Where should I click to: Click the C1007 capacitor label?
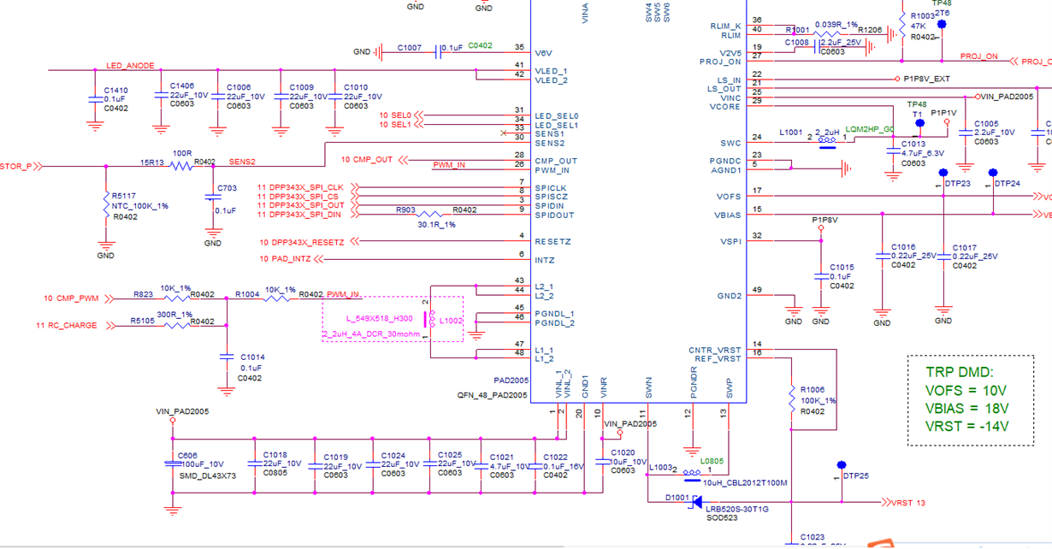point(409,48)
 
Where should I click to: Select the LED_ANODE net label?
point(130,66)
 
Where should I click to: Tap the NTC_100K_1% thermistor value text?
point(140,206)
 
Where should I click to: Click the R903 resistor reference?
point(405,210)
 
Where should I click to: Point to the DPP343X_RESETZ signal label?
point(305,242)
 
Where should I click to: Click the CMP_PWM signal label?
point(75,298)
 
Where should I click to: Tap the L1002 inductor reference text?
point(451,321)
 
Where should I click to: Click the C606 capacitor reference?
point(186,456)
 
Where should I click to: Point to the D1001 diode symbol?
point(694,502)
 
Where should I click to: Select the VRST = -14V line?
point(966,426)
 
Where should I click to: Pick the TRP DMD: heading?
point(959,372)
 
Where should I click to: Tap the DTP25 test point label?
point(855,475)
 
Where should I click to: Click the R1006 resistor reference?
point(813,389)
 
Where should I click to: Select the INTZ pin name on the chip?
point(545,260)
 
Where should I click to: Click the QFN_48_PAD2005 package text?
point(492,395)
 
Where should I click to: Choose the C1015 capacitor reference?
point(842,267)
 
